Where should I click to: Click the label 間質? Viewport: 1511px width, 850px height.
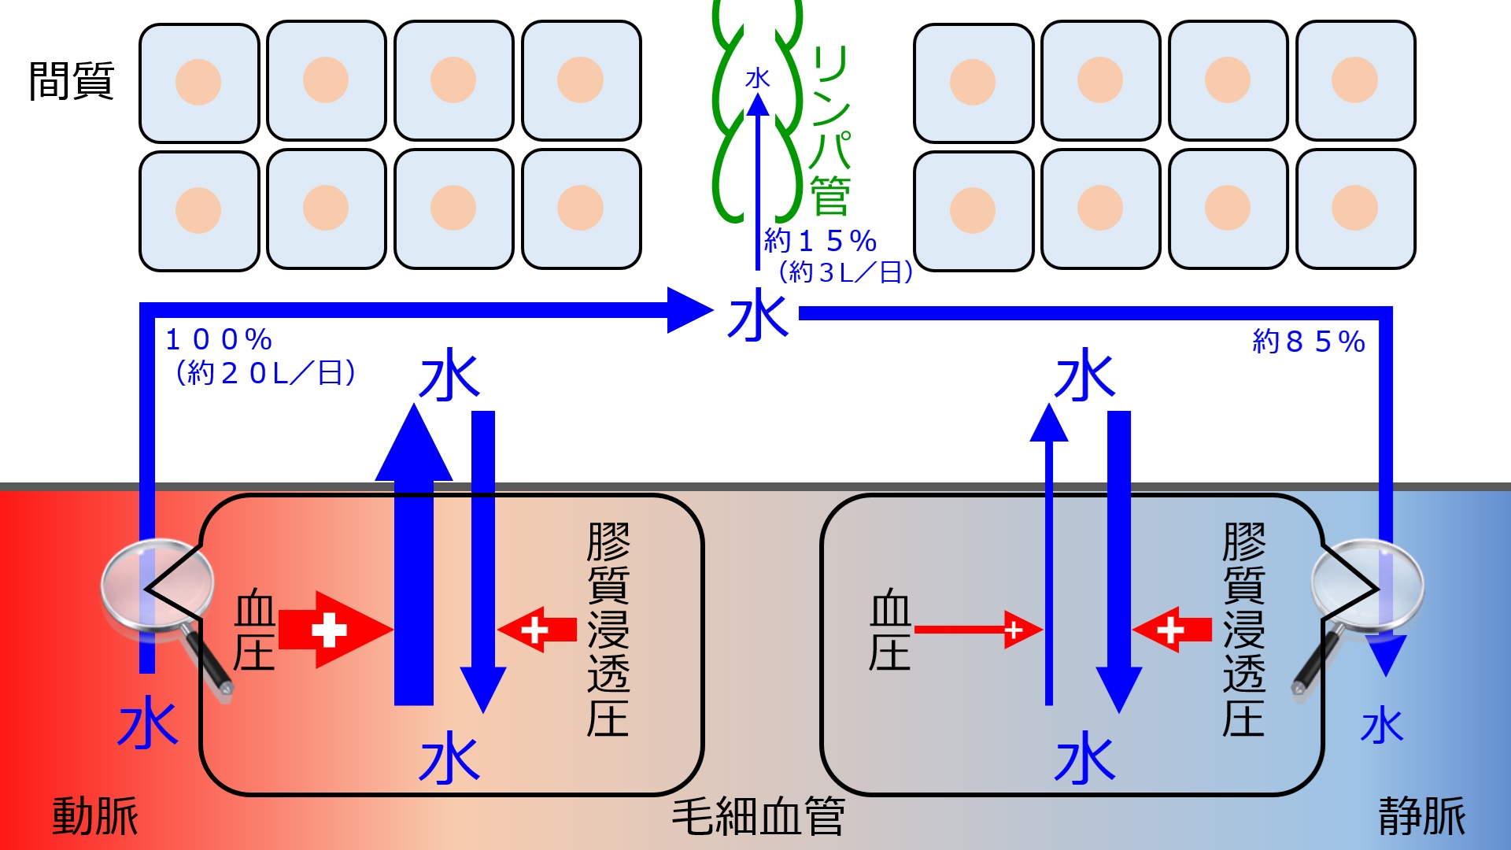[x=72, y=81]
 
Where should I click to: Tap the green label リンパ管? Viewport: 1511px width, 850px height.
[x=831, y=130]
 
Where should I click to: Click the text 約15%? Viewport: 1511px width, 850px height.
[x=820, y=240]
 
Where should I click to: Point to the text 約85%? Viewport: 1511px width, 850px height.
[x=1308, y=342]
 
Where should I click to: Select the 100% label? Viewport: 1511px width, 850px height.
[x=219, y=340]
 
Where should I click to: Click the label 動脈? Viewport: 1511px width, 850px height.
[x=95, y=816]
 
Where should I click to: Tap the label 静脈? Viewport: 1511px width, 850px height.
[x=1422, y=816]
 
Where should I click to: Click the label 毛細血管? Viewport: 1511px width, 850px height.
[x=759, y=816]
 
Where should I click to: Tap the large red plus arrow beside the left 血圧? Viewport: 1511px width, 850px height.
[x=336, y=630]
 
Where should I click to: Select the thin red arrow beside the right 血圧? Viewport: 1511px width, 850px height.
[x=979, y=630]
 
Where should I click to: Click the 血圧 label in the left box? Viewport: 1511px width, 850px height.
[x=255, y=630]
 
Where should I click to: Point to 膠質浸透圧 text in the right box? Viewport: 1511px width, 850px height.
[x=1244, y=630]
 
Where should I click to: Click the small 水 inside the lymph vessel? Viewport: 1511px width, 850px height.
[x=758, y=78]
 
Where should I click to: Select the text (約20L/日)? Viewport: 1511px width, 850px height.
[x=265, y=372]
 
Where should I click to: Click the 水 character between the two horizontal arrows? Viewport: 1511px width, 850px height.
[x=758, y=315]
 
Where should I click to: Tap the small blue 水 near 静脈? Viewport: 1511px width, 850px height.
[x=1382, y=726]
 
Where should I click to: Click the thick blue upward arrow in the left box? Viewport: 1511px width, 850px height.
[x=414, y=554]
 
